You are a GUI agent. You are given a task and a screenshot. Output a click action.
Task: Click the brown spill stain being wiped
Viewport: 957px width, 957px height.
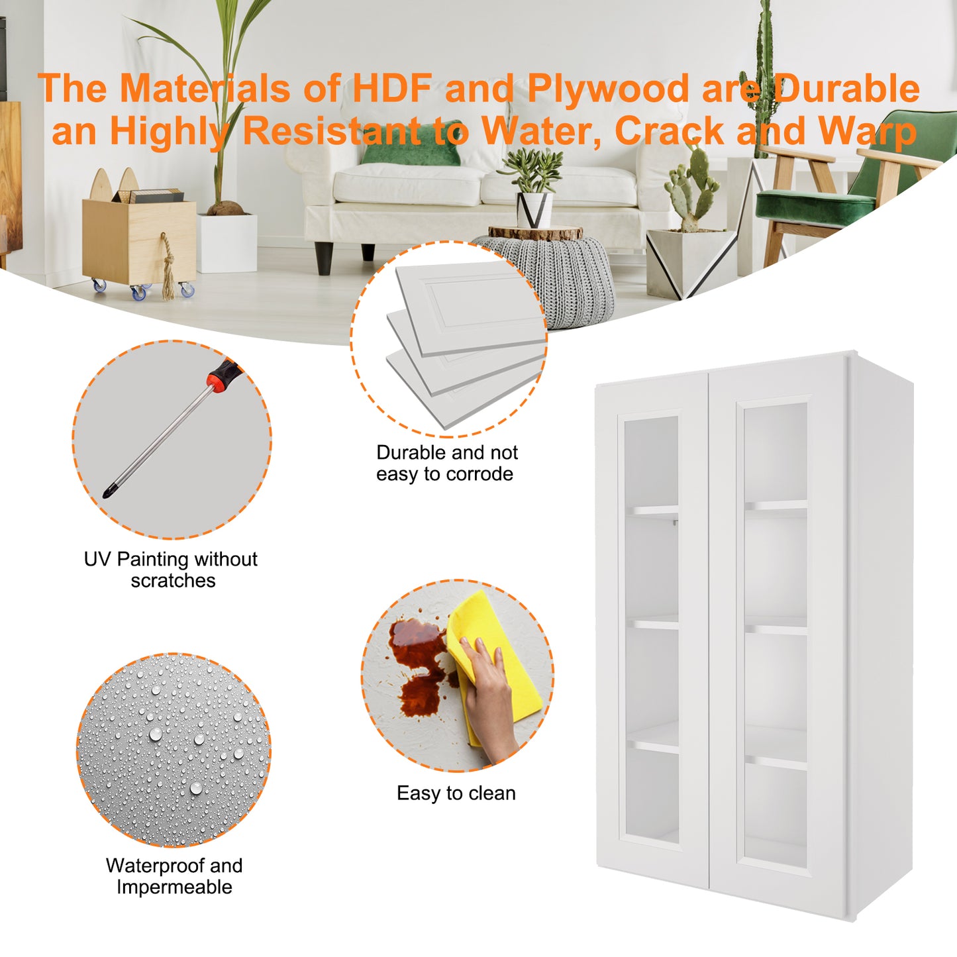pos(420,666)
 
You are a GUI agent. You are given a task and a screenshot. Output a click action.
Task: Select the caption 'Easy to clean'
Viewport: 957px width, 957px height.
pos(456,793)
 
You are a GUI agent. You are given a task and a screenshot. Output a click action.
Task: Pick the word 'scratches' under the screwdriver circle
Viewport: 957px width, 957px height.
pos(173,581)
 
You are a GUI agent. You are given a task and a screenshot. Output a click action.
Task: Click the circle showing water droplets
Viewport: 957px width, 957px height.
pos(174,750)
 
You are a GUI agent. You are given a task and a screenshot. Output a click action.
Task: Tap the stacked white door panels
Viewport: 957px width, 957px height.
pos(466,342)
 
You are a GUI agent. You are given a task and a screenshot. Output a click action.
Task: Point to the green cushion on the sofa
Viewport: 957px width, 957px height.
pos(411,143)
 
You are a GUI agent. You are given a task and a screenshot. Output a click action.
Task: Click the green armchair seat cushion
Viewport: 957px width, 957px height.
pos(815,205)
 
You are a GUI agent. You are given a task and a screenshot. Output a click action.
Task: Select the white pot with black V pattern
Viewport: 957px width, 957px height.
pos(534,210)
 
